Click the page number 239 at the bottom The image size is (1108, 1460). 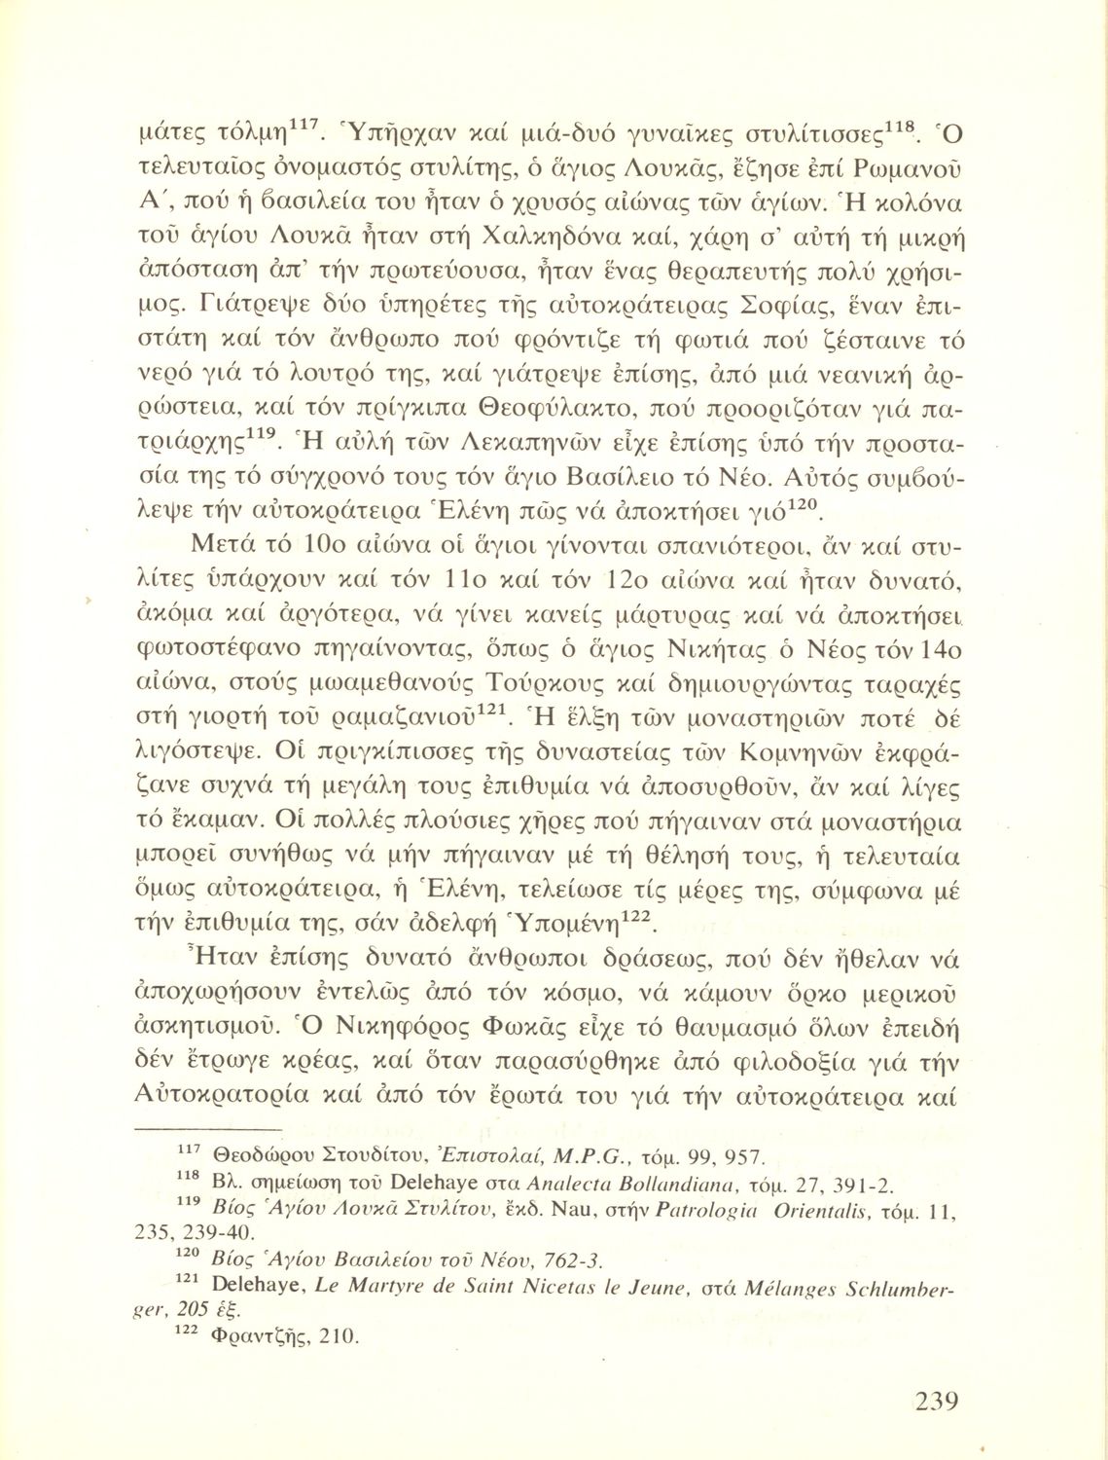pyautogui.click(x=937, y=1403)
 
